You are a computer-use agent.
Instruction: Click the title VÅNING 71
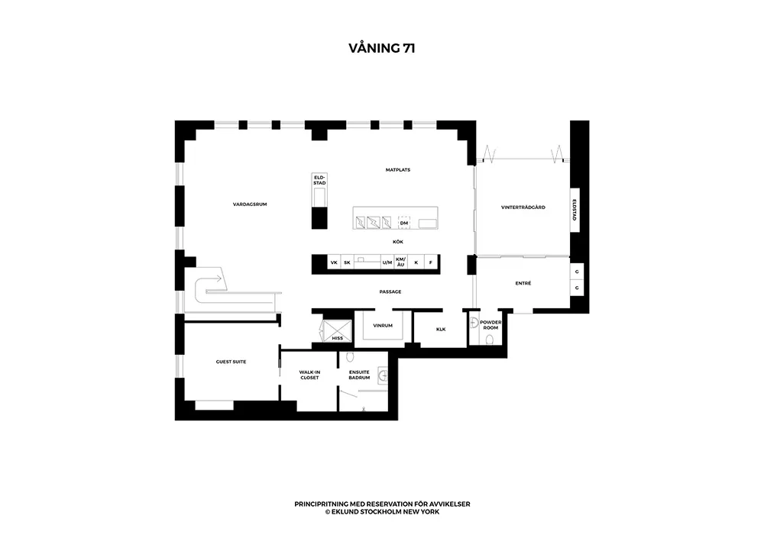pyautogui.click(x=381, y=47)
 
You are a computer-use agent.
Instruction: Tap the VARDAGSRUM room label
pyautogui.click(x=250, y=204)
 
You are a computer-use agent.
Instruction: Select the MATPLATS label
pyautogui.click(x=397, y=169)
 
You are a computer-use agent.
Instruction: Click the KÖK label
pyautogui.click(x=397, y=242)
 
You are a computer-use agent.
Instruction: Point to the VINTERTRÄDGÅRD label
pyautogui.click(x=523, y=208)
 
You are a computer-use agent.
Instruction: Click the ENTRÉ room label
pyautogui.click(x=523, y=284)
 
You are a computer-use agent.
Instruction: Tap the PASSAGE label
pyautogui.click(x=390, y=291)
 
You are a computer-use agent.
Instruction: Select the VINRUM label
pyautogui.click(x=382, y=326)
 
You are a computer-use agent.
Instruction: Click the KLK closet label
pyautogui.click(x=440, y=330)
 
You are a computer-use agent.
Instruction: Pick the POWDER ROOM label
pyautogui.click(x=490, y=324)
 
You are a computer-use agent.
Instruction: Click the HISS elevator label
pyautogui.click(x=337, y=337)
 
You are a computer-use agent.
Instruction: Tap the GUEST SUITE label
pyautogui.click(x=231, y=362)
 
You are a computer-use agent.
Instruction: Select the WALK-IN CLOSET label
pyautogui.click(x=309, y=375)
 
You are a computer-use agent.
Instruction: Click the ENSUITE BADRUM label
pyautogui.click(x=359, y=375)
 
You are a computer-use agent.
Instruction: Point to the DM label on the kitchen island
pyautogui.click(x=403, y=223)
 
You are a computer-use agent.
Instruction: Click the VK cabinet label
pyautogui.click(x=334, y=262)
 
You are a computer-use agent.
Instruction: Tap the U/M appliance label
pyautogui.click(x=387, y=262)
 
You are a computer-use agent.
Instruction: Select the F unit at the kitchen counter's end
pyautogui.click(x=430, y=262)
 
